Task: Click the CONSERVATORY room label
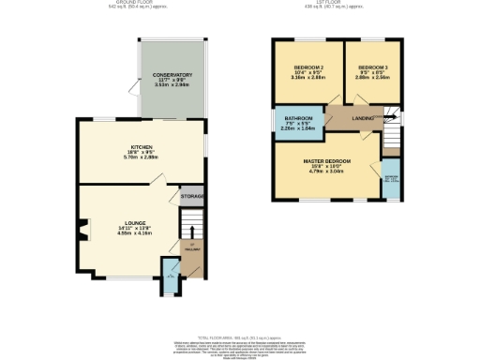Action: (x=172, y=75)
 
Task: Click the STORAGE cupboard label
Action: (x=192, y=196)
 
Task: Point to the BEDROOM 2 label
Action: (x=309, y=67)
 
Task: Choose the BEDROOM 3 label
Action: (x=372, y=67)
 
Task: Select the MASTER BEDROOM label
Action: (x=326, y=161)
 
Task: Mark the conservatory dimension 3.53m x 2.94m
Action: (x=172, y=86)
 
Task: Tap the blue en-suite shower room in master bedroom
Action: (x=390, y=178)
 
